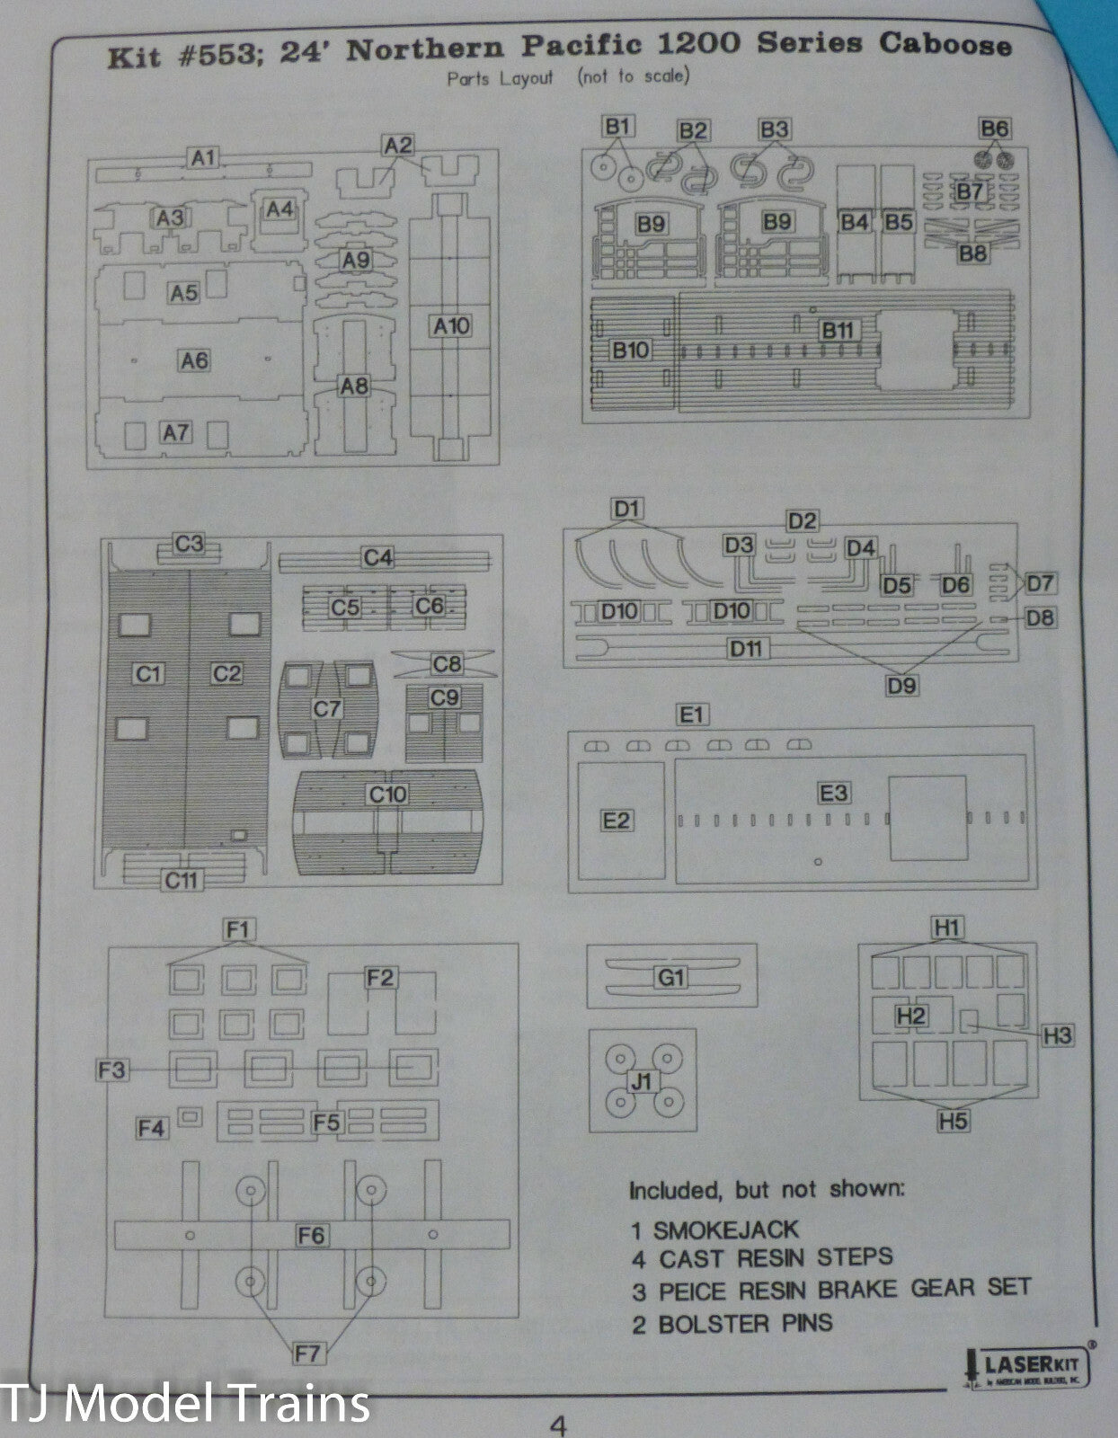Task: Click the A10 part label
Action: click(451, 325)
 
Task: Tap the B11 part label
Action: click(837, 330)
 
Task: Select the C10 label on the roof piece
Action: click(387, 794)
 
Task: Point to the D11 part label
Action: click(746, 649)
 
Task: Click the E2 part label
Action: click(617, 820)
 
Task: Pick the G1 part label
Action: click(670, 977)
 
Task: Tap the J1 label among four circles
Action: click(641, 1081)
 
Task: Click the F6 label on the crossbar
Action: click(311, 1235)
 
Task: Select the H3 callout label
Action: click(1058, 1035)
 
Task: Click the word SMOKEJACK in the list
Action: click(725, 1229)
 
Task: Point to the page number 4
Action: click(558, 1424)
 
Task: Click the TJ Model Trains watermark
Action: click(186, 1403)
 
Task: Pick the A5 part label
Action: click(183, 292)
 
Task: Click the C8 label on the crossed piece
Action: click(446, 663)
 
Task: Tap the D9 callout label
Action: click(901, 685)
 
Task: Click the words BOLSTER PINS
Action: click(745, 1323)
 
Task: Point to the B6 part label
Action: click(995, 129)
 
